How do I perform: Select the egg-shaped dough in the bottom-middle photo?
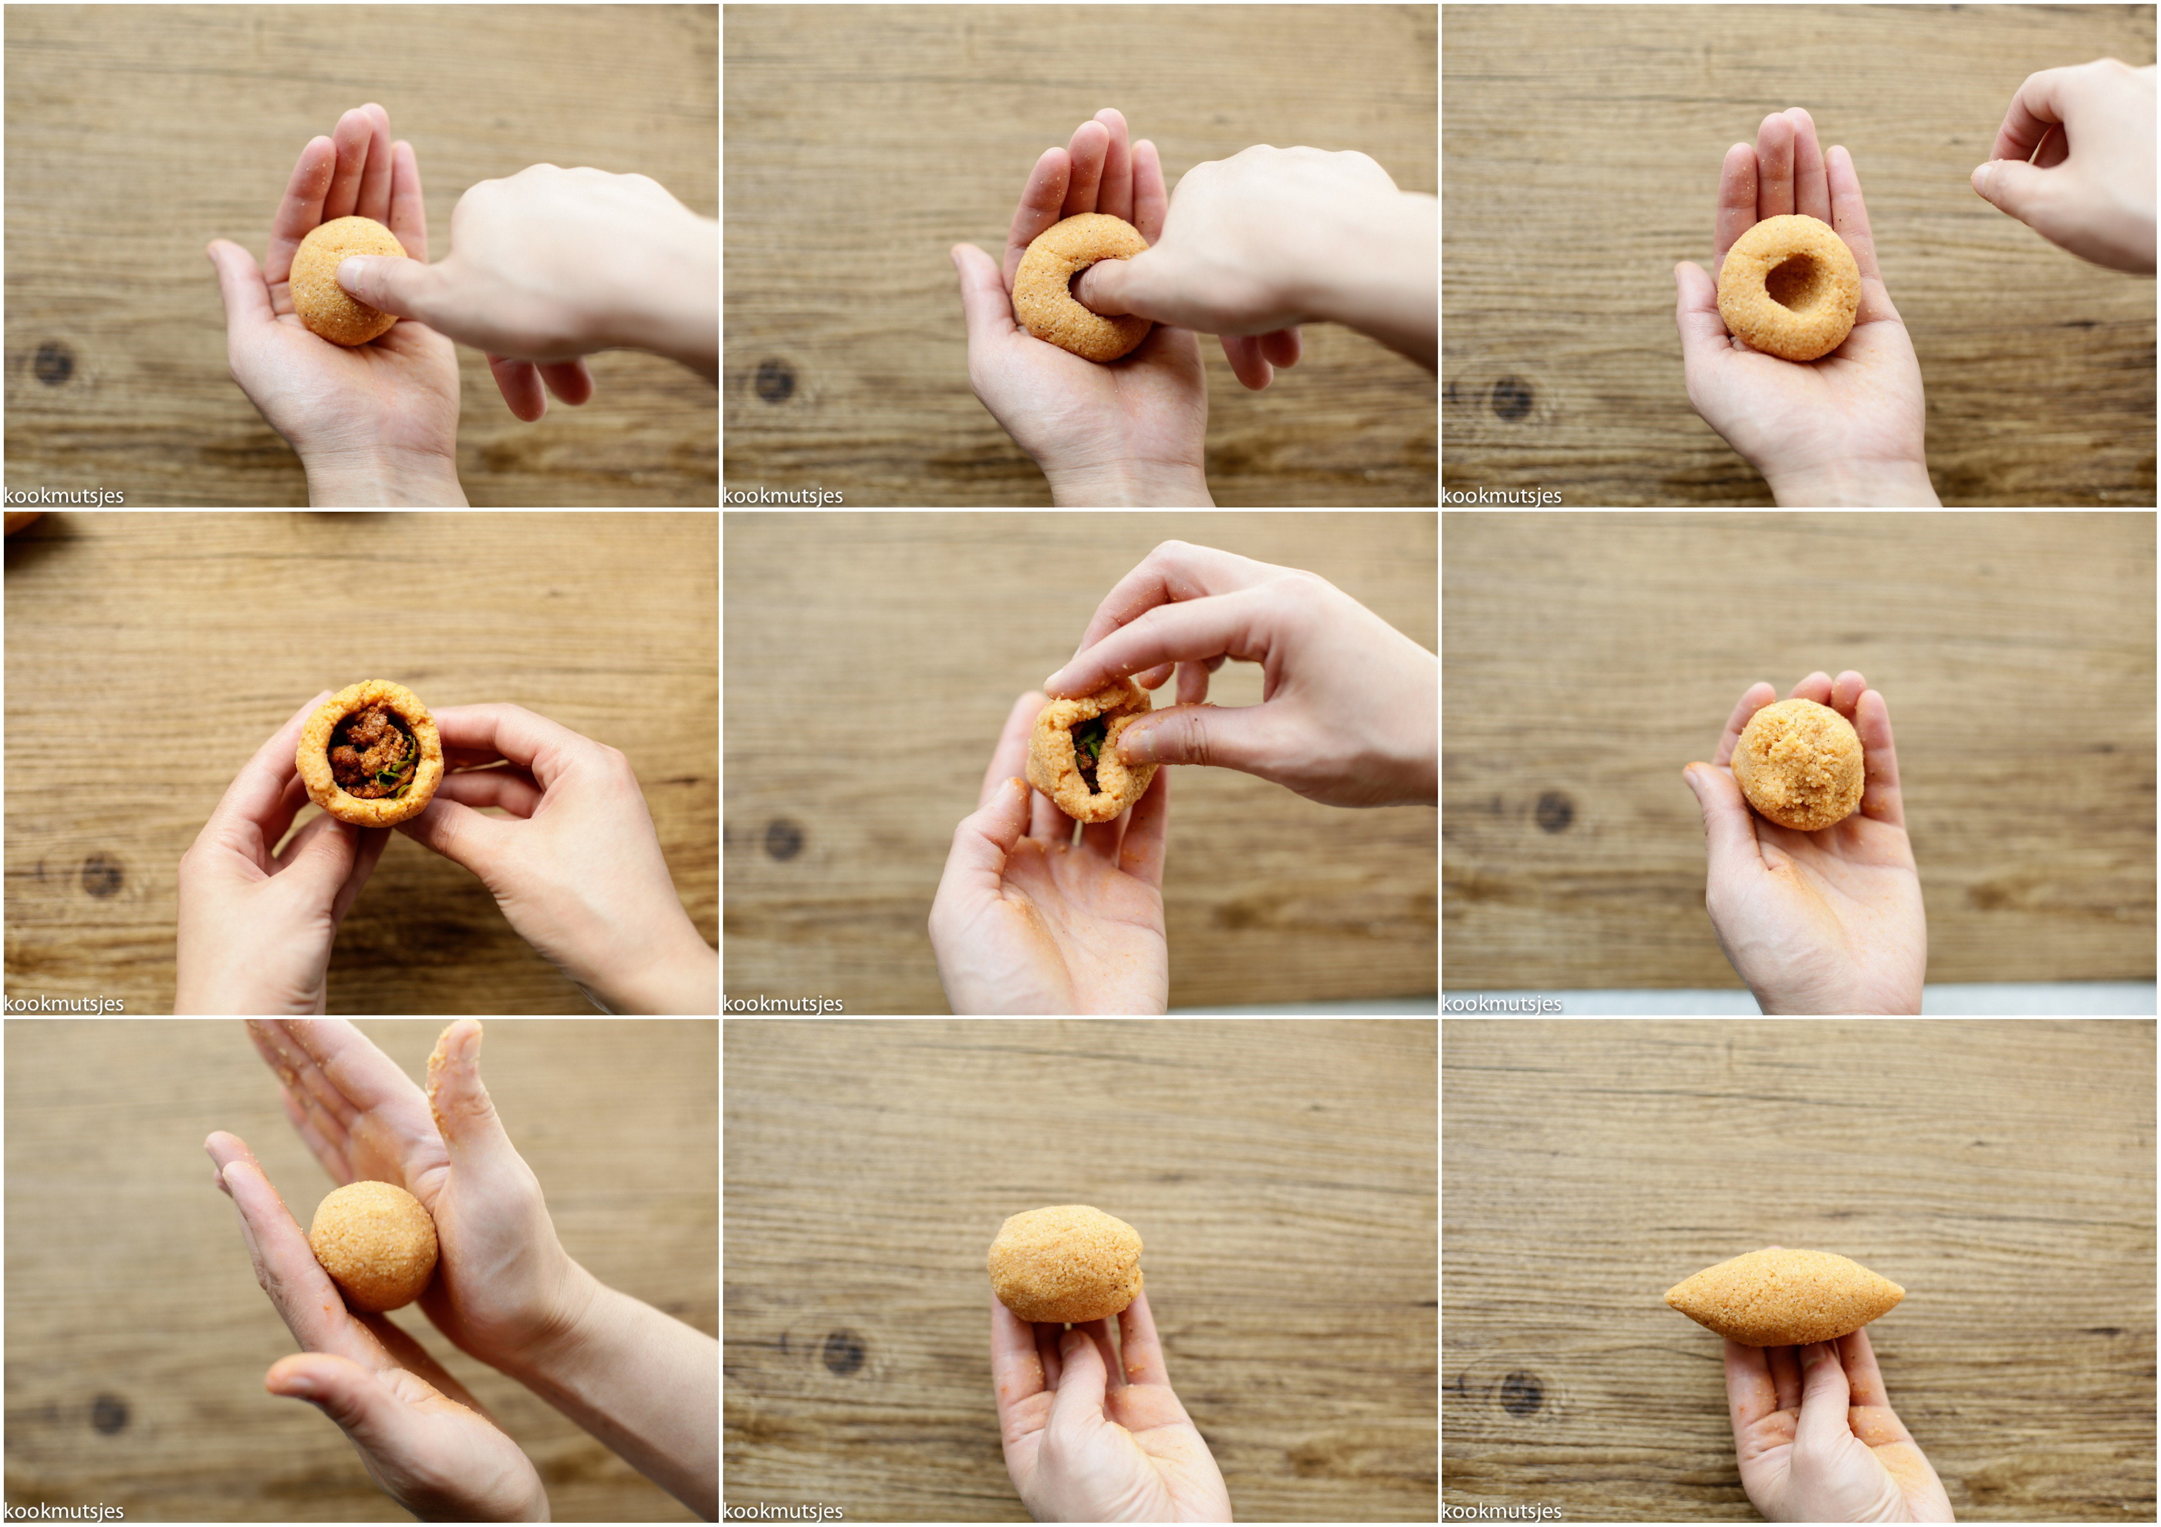(1064, 1263)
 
